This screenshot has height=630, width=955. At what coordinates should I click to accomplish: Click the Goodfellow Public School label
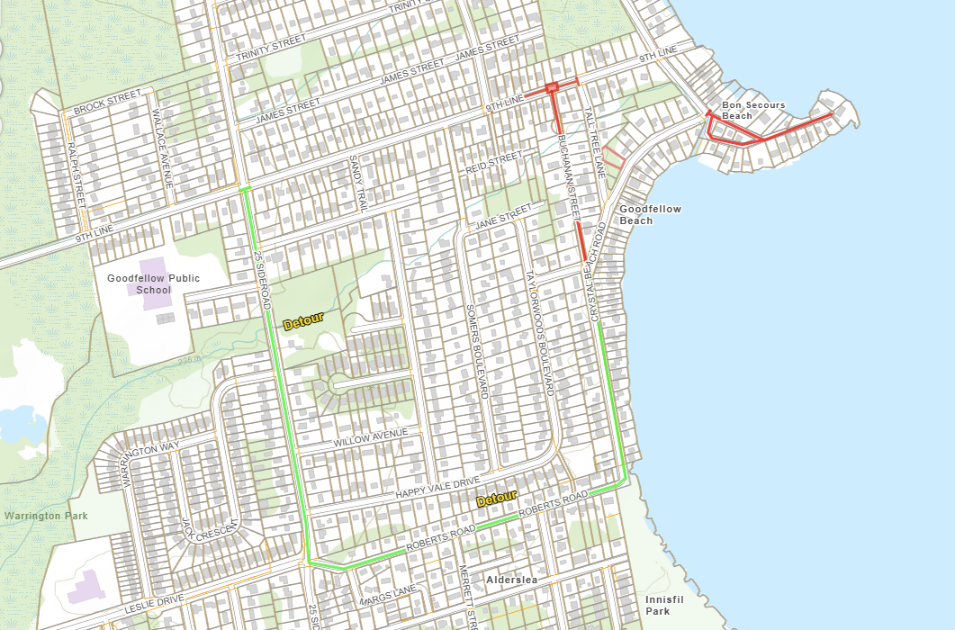pos(153,284)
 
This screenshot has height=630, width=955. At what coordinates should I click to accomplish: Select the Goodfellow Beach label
pos(649,214)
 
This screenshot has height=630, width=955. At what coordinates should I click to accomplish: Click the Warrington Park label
pos(45,516)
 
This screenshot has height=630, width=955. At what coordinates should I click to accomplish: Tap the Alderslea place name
pos(511,580)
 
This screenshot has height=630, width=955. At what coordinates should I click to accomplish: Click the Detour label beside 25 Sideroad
pos(303,321)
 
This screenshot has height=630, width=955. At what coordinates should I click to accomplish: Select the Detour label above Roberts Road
pos(497,498)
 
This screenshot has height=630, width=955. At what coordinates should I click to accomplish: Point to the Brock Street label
pos(107,103)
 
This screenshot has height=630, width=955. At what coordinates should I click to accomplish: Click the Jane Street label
pos(503,216)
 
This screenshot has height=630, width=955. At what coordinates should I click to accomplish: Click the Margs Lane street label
pos(387,595)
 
